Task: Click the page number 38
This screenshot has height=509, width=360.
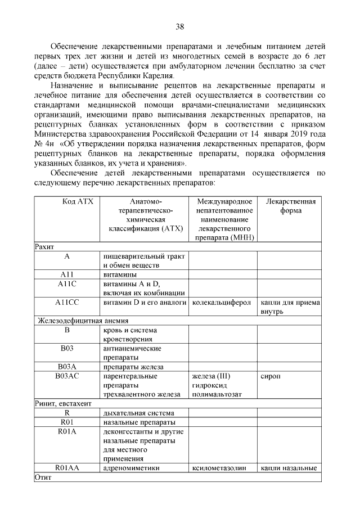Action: pos(180,26)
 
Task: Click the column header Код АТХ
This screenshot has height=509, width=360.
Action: pos(66,202)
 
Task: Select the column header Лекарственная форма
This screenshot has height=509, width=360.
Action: pos(290,206)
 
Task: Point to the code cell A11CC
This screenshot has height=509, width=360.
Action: pos(66,303)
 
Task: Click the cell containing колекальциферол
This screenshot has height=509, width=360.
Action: pos(222,303)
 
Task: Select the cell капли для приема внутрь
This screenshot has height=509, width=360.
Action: pos(290,307)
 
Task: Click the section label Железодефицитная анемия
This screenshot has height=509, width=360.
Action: pos(73,321)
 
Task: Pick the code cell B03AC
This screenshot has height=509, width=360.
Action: pos(66,376)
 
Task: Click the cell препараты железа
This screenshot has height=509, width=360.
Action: pos(128,367)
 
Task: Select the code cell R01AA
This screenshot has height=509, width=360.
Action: pos(66,468)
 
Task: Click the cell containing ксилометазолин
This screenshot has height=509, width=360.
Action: pos(219,468)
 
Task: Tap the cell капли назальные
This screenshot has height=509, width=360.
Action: pos(290,468)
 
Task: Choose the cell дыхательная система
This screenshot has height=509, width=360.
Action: pos(135,413)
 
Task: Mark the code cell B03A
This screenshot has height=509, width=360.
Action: pos(66,367)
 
